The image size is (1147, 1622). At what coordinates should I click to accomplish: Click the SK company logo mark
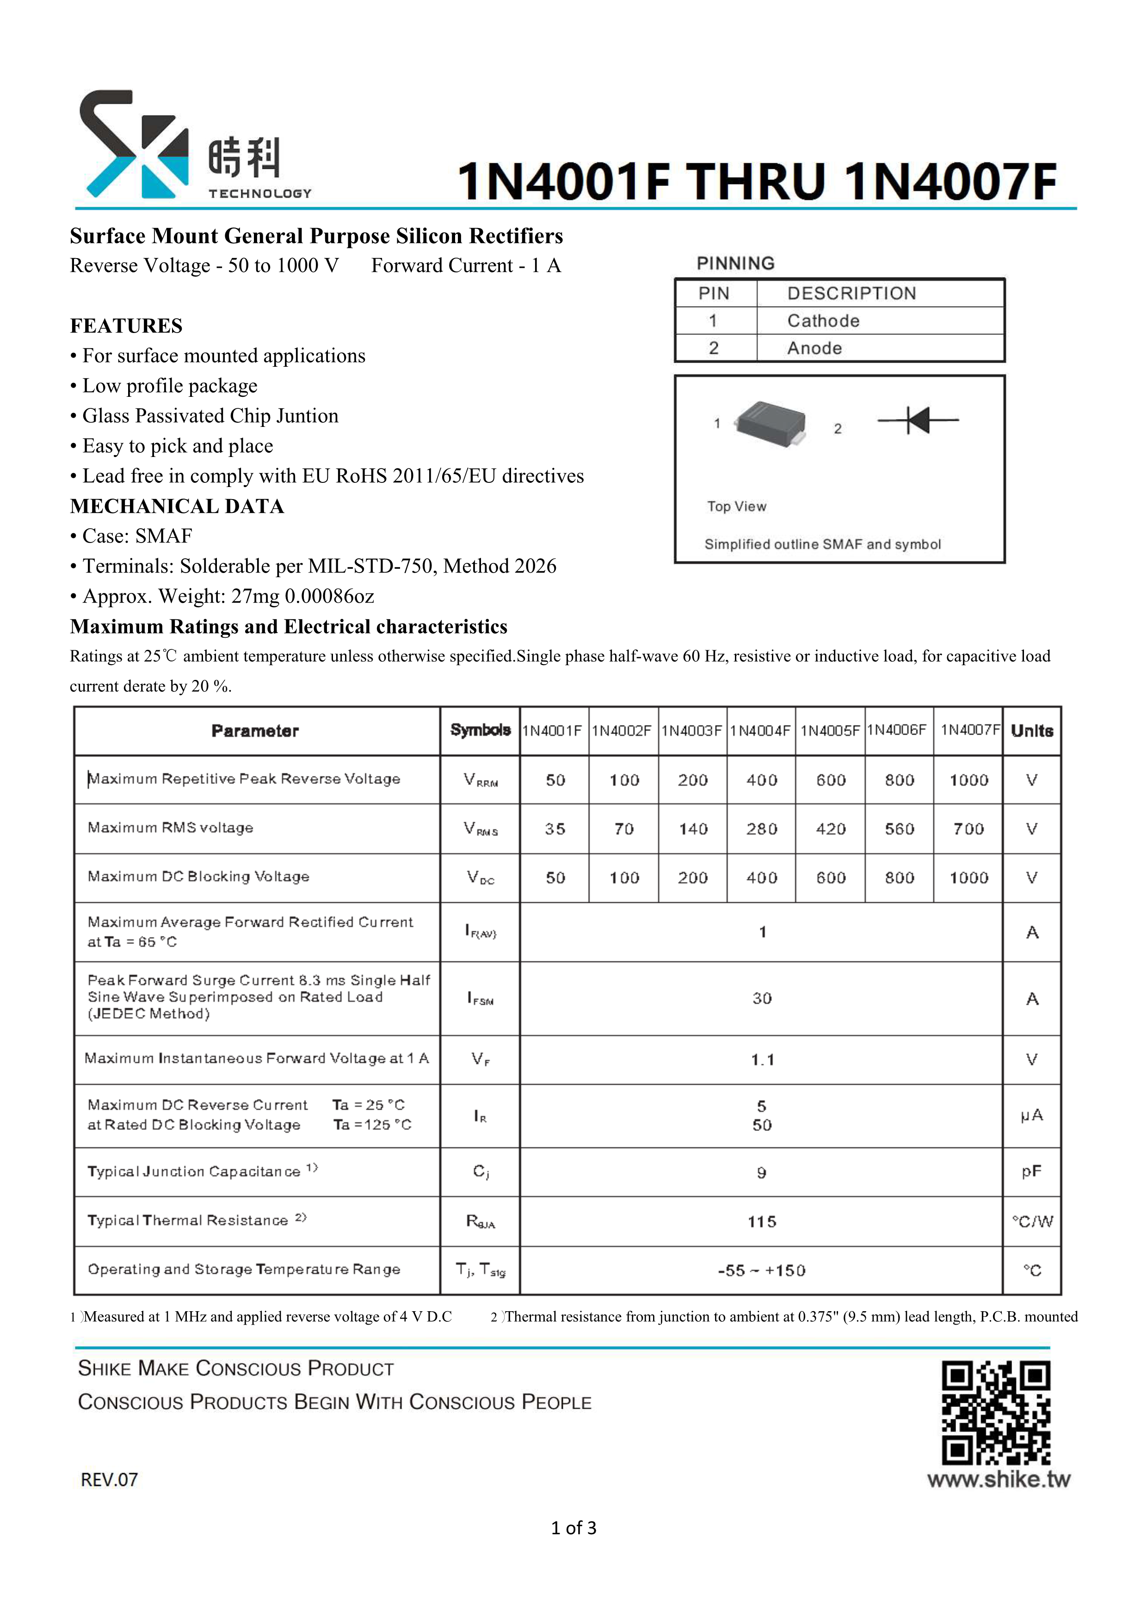coord(134,144)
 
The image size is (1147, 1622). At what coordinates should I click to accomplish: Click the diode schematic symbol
coord(918,420)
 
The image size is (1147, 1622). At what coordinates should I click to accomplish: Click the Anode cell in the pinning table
coord(814,348)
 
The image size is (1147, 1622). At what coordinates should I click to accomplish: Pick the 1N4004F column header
coord(761,730)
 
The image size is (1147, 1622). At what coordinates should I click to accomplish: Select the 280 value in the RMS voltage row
coord(761,829)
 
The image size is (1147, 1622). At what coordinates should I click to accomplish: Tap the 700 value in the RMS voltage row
coord(968,829)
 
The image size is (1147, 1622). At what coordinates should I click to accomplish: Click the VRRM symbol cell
coord(480,780)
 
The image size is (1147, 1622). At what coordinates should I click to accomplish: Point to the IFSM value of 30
coord(761,998)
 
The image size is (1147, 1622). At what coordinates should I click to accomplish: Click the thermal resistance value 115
coord(761,1221)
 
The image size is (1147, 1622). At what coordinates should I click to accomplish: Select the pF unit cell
coord(1031,1172)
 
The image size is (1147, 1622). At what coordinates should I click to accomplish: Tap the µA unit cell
coord(1031,1116)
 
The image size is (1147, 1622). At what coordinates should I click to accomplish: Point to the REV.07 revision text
coord(110,1479)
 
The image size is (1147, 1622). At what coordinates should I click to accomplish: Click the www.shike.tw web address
coord(998,1479)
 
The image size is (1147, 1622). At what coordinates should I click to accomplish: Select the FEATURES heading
coord(126,326)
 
